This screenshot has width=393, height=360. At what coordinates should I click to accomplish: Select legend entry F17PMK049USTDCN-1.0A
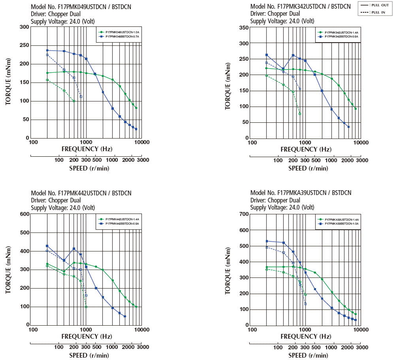click(120, 32)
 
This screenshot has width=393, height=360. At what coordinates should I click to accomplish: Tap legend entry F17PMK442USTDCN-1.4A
click(120, 219)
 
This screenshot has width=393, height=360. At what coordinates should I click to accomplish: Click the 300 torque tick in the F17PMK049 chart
click(24, 27)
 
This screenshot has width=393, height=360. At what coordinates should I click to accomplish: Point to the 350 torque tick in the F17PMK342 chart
click(244, 28)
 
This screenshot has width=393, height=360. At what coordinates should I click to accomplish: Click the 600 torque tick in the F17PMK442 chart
click(24, 214)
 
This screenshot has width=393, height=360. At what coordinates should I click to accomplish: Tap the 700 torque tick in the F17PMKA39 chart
click(244, 214)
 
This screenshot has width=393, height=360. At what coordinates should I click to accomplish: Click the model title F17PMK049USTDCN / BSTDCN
click(81, 7)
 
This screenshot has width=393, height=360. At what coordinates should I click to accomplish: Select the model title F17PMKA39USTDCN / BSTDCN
click(301, 193)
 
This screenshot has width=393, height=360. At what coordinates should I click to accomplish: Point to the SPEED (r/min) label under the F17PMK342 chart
click(308, 168)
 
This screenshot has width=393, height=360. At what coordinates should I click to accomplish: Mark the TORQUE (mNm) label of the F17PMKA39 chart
click(228, 270)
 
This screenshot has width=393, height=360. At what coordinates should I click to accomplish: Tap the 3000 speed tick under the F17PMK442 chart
click(143, 347)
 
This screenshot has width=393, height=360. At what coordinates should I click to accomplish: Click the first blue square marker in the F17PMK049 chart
click(47, 51)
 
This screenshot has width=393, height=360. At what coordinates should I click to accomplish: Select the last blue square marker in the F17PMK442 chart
click(125, 316)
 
